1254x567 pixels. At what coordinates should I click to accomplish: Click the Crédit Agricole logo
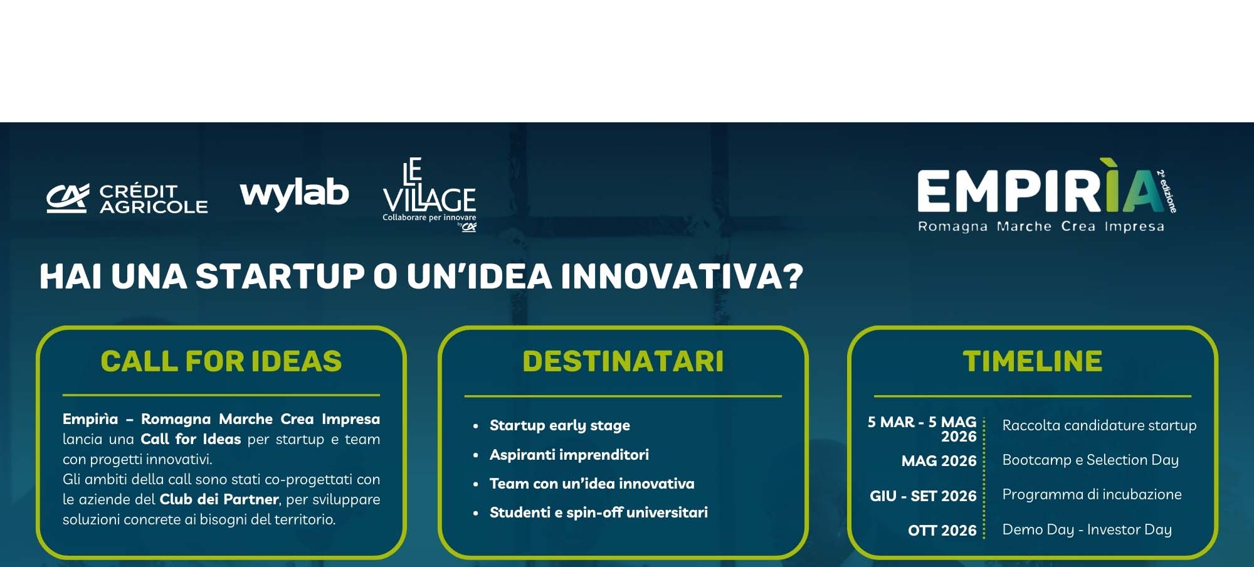(x=127, y=199)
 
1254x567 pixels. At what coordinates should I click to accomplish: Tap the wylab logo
(x=294, y=193)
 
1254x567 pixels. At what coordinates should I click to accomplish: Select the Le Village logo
(x=429, y=194)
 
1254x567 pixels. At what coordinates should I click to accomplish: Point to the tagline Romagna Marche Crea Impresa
(x=1041, y=226)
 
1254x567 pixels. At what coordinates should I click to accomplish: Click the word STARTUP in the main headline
(x=280, y=276)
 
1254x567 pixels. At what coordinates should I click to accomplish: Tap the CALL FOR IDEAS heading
(x=221, y=361)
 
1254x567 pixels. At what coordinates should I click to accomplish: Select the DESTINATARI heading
(x=623, y=361)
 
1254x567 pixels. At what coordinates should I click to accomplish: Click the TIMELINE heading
(x=1033, y=361)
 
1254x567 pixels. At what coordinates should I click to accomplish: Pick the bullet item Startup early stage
(x=560, y=425)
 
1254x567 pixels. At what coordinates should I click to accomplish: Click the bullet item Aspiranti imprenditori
(x=569, y=455)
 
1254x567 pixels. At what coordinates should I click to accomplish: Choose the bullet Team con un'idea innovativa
(x=592, y=484)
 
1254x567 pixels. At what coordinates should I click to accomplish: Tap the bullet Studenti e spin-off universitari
(x=599, y=512)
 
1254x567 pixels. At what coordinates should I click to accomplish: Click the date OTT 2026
(x=942, y=531)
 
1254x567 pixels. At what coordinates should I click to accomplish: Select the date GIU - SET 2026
(x=923, y=496)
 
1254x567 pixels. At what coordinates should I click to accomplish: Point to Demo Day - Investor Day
(x=1087, y=529)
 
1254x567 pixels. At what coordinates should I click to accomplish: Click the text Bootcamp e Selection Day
(x=1090, y=460)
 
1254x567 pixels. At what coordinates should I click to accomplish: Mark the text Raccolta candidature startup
(x=1100, y=425)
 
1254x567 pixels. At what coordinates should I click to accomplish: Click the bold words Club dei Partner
(x=219, y=499)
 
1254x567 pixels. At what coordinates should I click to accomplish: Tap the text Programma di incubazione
(x=1092, y=494)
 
